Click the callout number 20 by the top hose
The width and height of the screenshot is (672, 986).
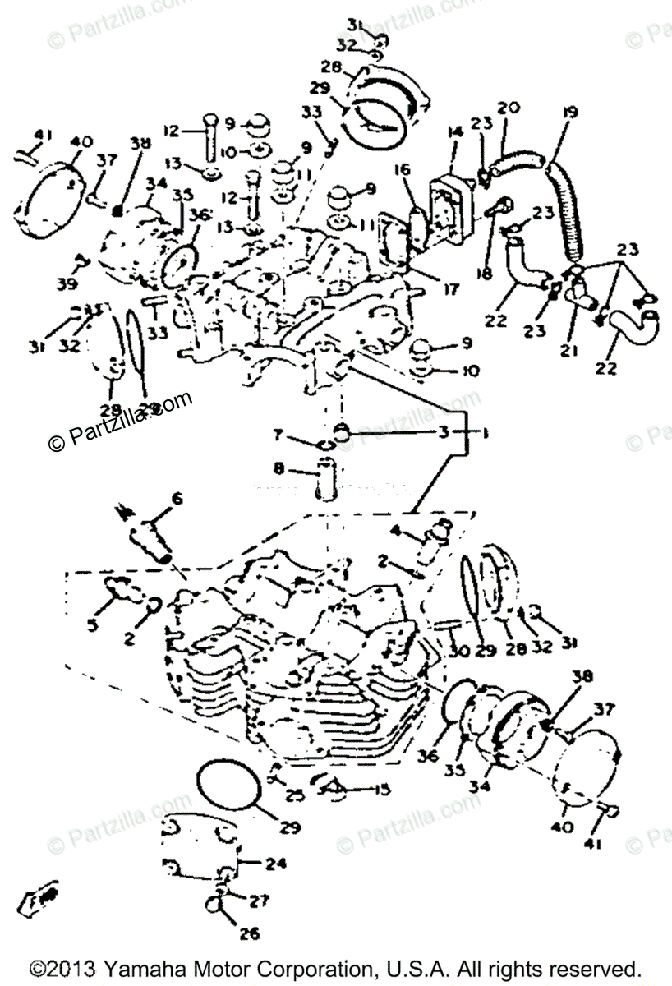(x=509, y=107)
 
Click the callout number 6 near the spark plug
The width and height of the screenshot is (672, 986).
(x=176, y=499)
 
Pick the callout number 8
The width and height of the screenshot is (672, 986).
(x=278, y=470)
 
